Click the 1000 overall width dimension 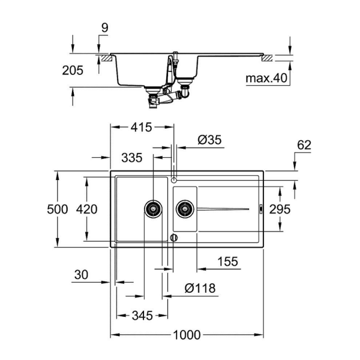[187, 335]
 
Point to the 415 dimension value [142, 127]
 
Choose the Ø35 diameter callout [209, 140]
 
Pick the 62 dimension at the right [304, 145]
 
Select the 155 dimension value [227, 262]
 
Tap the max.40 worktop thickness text [267, 79]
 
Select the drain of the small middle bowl [184, 209]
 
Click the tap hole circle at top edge [173, 180]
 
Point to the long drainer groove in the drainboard [222, 209]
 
